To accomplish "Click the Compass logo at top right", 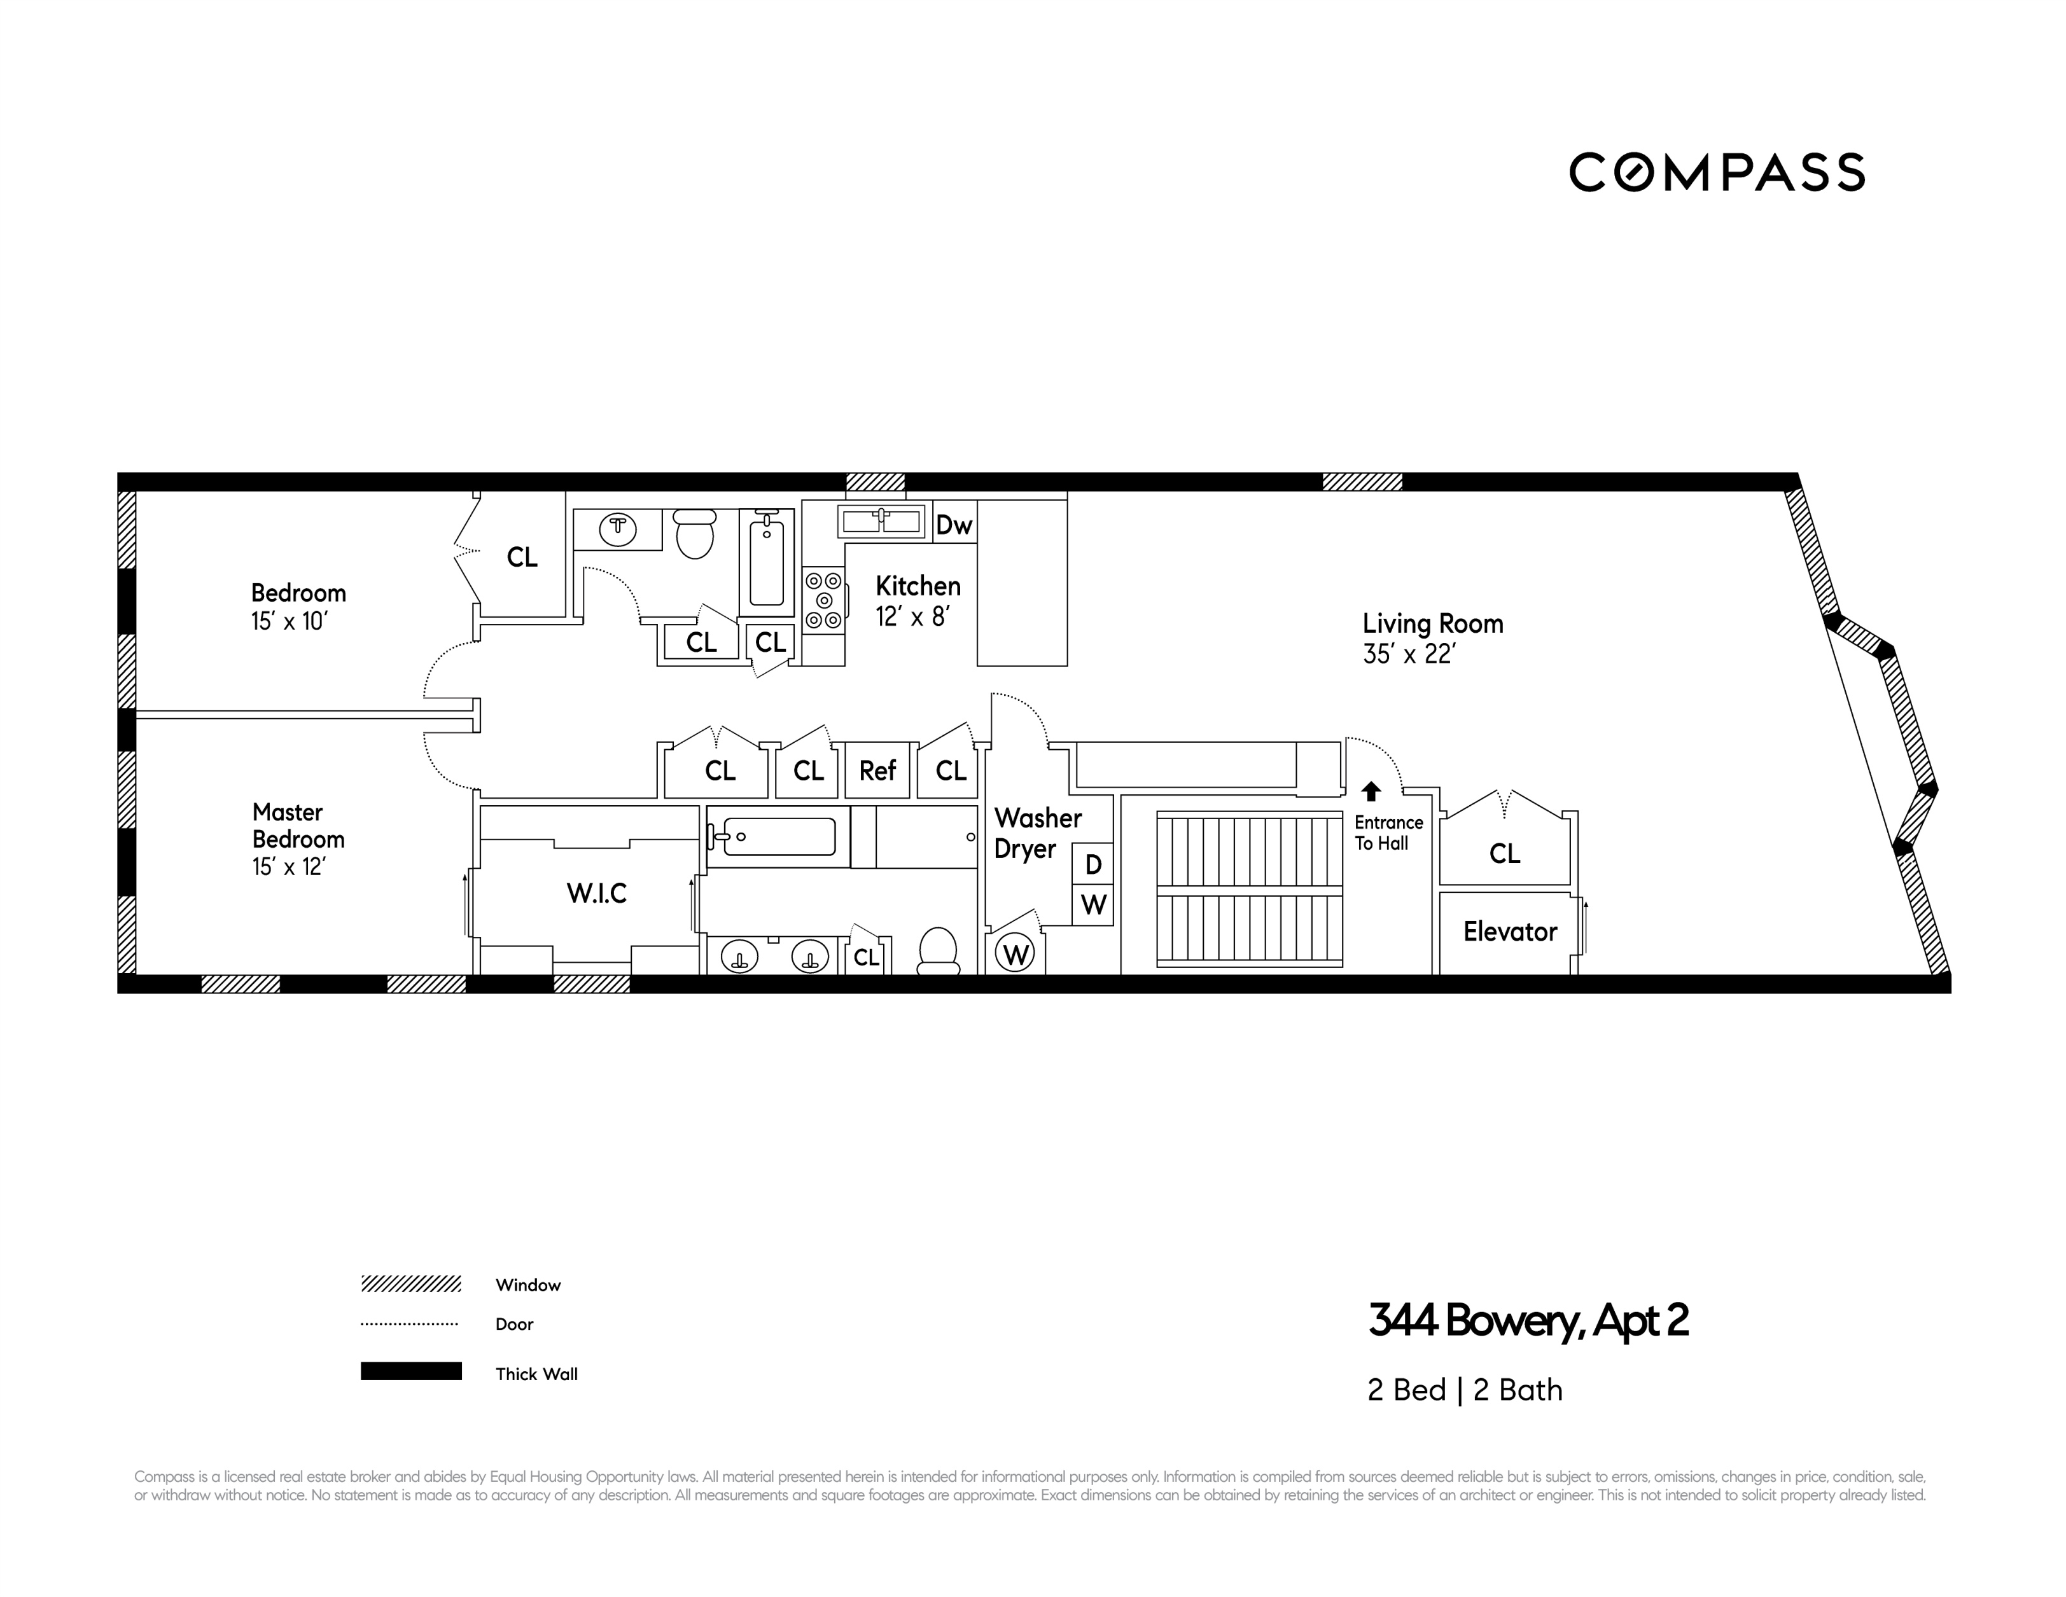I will pyautogui.click(x=1716, y=172).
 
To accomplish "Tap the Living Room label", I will pyautogui.click(x=1432, y=624).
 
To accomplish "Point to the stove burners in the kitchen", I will pyautogui.click(x=823, y=600).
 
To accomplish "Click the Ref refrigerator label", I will pyautogui.click(x=877, y=771).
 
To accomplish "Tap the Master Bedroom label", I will pyautogui.click(x=298, y=826).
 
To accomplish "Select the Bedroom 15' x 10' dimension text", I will pyautogui.click(x=288, y=621).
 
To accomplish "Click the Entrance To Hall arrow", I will pyautogui.click(x=1371, y=791).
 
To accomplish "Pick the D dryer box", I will pyautogui.click(x=1092, y=864).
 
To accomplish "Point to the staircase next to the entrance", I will pyautogui.click(x=1248, y=888).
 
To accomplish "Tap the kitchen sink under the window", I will pyautogui.click(x=881, y=521).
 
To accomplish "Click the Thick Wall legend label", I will pyautogui.click(x=536, y=1374).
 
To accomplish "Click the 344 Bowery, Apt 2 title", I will pyautogui.click(x=1528, y=1321).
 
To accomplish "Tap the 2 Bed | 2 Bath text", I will pyautogui.click(x=1464, y=1390).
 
